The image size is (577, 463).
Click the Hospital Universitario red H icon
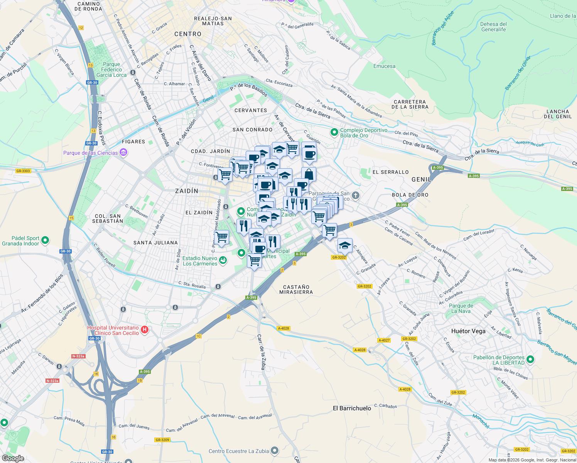[145, 330]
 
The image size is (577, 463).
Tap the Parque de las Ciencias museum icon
[123, 153]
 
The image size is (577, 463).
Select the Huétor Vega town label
[468, 331]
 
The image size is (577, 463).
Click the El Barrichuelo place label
[352, 408]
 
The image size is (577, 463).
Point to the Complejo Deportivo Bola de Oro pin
[334, 132]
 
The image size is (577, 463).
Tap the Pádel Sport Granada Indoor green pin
[45, 240]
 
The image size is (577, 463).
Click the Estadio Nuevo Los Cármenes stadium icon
[223, 260]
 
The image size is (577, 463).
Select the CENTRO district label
[188, 34]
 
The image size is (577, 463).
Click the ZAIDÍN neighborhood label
[187, 191]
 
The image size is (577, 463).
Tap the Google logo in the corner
[13, 458]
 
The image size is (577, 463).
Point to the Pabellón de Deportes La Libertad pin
[530, 360]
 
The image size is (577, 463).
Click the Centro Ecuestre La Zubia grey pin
[275, 450]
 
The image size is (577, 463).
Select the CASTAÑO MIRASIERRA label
[296, 289]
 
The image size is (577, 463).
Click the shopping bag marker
[309, 174]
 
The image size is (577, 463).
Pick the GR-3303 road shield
[23, 171]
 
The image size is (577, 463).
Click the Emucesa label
[384, 66]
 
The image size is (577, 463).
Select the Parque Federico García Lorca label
[111, 70]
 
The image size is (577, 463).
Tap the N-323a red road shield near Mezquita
[52, 381]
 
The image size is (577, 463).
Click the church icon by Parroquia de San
[356, 196]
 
